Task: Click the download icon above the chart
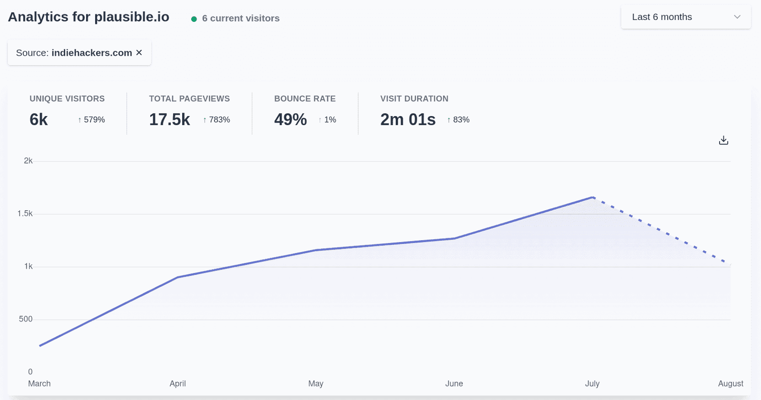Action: (x=723, y=140)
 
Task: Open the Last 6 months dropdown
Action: (x=685, y=17)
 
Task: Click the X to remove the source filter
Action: (x=139, y=52)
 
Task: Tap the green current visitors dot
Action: (x=194, y=19)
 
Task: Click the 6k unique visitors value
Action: (x=39, y=119)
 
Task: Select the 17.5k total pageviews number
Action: (x=169, y=119)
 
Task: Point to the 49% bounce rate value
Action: (x=290, y=119)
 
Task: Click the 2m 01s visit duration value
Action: (x=408, y=119)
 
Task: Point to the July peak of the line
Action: (x=593, y=197)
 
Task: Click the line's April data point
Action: (x=177, y=277)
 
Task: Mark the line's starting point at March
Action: (x=40, y=346)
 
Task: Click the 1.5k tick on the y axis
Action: (x=25, y=214)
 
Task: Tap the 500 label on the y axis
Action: (x=26, y=319)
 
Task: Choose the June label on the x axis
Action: (x=454, y=383)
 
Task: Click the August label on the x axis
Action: (x=730, y=383)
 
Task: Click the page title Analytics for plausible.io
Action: (x=88, y=17)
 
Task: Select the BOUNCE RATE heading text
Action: (x=305, y=98)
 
